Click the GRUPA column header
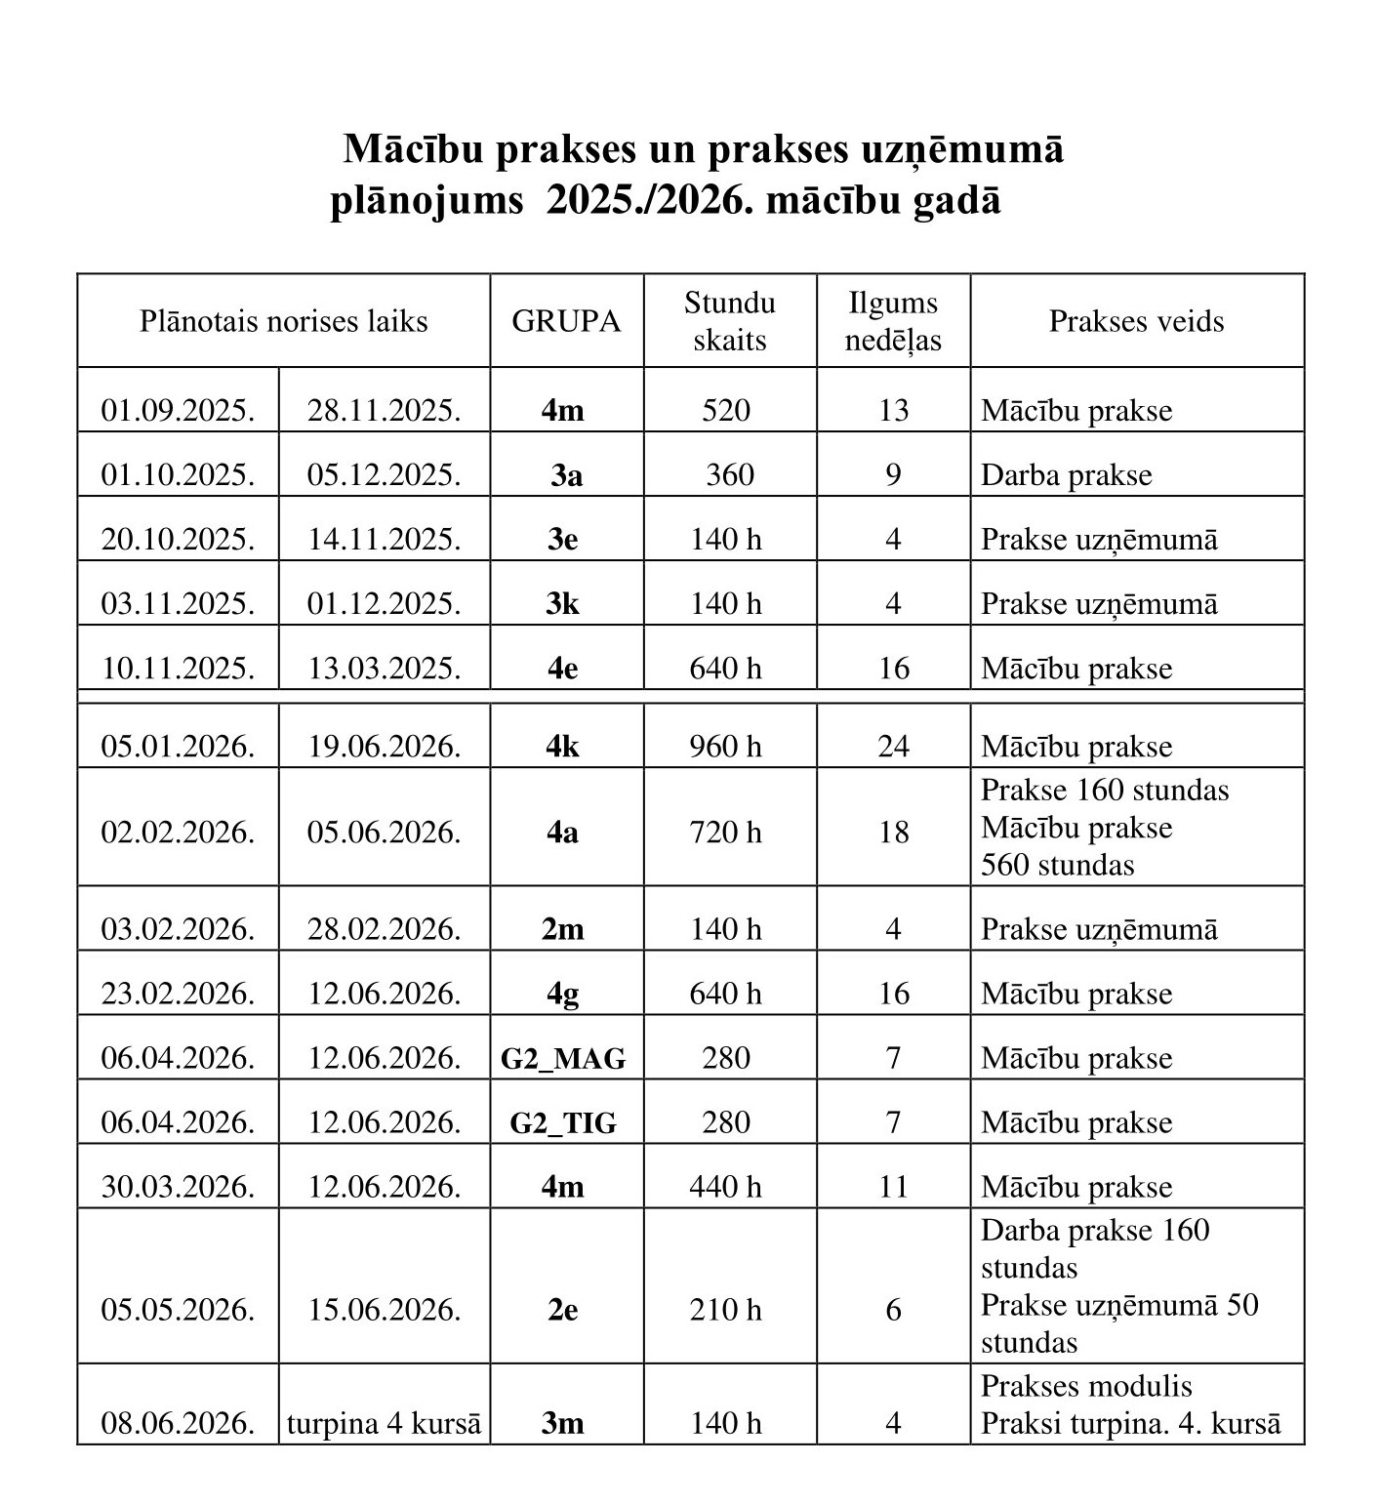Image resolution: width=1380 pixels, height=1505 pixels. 566,321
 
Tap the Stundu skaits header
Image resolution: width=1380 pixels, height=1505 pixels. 729,321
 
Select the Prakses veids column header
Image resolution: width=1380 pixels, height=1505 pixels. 1136,321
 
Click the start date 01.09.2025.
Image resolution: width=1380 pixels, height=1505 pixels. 178,410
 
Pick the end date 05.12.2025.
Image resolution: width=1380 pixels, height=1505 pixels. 384,474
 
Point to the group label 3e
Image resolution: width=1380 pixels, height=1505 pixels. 563,539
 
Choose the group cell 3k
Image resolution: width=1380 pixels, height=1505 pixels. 563,603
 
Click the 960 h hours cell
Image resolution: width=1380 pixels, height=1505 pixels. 726,746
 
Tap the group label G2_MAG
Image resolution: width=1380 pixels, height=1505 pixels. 563,1058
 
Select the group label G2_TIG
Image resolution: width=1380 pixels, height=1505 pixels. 563,1122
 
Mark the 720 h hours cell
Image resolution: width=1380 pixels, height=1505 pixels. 726,832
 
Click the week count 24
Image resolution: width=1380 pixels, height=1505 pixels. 893,746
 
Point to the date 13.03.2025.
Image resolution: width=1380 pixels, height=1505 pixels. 384,668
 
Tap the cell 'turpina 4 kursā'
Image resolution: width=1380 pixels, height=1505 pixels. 384,1423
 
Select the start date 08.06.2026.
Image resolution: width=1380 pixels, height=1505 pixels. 178,1423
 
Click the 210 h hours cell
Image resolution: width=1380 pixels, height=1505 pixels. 726,1309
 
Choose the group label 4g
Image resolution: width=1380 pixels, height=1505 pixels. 563,994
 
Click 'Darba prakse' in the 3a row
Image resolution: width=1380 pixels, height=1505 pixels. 1066,474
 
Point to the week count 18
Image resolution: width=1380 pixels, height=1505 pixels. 893,832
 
